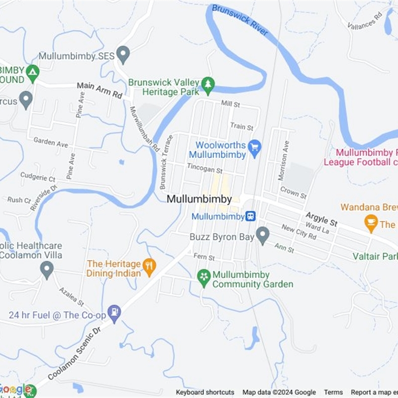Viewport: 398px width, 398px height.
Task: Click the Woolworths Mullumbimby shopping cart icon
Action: [255, 147]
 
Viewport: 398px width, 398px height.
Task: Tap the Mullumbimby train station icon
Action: [251, 216]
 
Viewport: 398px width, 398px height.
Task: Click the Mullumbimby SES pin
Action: [123, 54]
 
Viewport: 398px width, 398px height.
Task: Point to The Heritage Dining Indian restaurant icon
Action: [149, 266]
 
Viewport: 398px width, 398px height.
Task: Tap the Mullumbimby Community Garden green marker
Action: [203, 277]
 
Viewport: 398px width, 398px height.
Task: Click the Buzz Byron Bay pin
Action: [262, 234]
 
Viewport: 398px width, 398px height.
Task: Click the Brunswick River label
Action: [240, 20]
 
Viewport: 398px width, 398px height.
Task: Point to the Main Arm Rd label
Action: [99, 90]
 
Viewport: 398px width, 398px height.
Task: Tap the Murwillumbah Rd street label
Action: [144, 129]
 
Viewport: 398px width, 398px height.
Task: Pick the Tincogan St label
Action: [204, 169]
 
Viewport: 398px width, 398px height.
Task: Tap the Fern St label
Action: [204, 257]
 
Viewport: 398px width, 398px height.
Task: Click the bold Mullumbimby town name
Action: [199, 199]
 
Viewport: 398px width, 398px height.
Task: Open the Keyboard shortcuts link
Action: [205, 392]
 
